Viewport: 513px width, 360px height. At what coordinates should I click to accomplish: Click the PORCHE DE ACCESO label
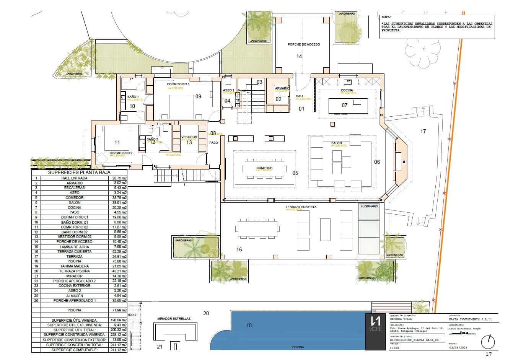[303, 44]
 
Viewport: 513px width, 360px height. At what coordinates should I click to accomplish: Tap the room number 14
[299, 56]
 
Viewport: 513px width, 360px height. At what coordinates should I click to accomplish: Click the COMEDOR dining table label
[264, 168]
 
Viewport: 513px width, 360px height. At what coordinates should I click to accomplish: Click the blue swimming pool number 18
[249, 325]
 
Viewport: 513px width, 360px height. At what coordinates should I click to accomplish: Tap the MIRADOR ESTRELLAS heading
[174, 318]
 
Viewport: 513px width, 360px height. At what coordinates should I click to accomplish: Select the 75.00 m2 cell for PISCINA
[120, 261]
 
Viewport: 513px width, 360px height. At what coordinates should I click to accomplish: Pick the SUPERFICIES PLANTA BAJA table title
[79, 173]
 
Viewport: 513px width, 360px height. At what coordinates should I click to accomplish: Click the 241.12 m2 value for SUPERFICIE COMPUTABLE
[120, 350]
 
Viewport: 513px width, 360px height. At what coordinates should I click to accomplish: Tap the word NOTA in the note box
[386, 18]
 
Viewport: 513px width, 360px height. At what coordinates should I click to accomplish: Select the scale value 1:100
[393, 348]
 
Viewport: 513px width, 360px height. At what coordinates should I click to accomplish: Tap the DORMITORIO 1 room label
[178, 84]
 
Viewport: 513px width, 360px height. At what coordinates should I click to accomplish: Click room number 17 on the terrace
[423, 131]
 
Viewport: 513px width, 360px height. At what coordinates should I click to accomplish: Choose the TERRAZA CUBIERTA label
[301, 207]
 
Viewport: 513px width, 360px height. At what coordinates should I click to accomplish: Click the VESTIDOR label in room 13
[189, 137]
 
